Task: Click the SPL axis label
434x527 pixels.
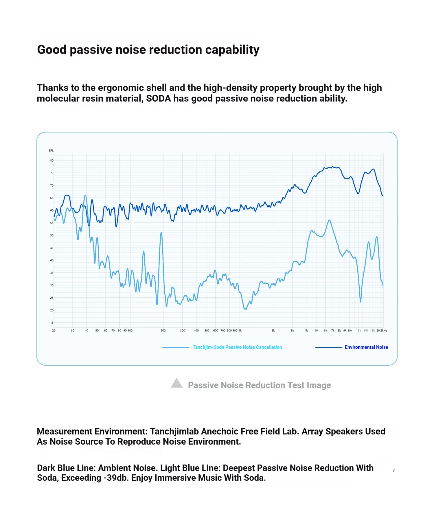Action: tap(51, 150)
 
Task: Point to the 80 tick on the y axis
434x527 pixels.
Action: tap(52, 161)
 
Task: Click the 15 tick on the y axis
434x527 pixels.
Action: tap(52, 323)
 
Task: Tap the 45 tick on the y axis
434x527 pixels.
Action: tap(52, 248)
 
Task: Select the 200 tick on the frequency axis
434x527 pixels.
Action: tap(163, 331)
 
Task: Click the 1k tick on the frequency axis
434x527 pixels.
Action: tap(240, 331)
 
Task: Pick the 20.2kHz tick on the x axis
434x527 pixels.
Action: tap(382, 331)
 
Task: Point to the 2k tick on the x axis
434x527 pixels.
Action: tap(273, 331)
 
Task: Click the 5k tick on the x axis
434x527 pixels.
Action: tap(317, 331)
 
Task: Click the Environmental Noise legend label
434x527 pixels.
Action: tap(366, 347)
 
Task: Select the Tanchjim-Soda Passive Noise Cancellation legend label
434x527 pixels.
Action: tap(237, 347)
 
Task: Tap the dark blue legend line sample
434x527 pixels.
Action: tap(328, 347)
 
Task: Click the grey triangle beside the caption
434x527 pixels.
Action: tap(177, 383)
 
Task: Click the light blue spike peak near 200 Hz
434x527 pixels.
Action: tap(161, 232)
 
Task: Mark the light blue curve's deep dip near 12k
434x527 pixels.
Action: tap(361, 302)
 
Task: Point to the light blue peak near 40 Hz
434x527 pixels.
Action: tap(85, 195)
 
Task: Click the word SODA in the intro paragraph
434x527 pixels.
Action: tap(159, 99)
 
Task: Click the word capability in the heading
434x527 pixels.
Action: tap(232, 50)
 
